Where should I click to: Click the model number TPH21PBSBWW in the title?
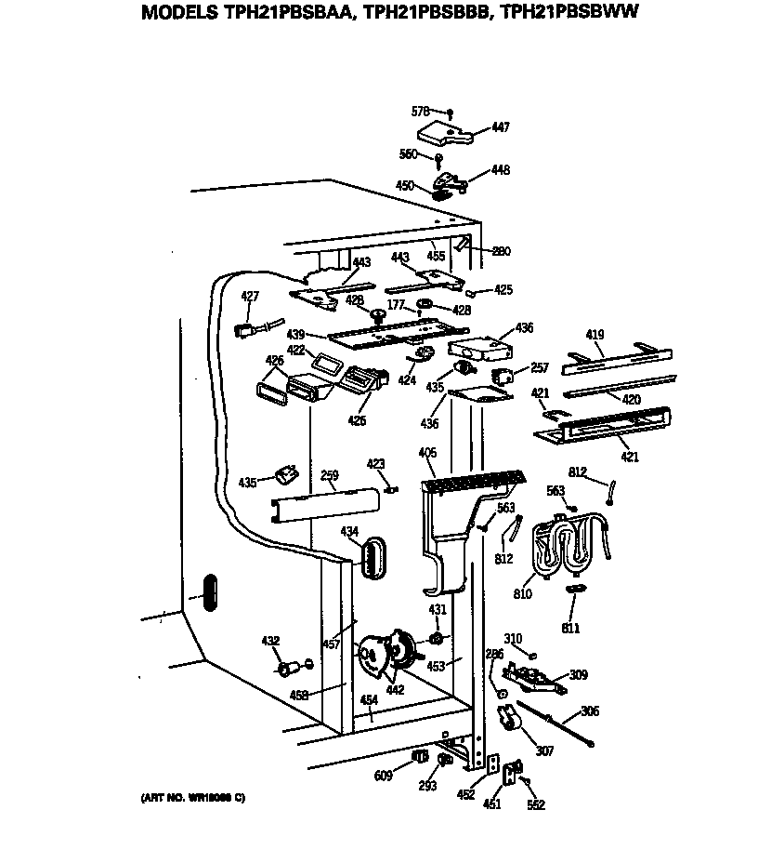tap(567, 13)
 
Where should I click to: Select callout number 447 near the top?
tap(500, 126)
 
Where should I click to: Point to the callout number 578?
tap(421, 112)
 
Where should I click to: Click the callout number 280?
tap(501, 251)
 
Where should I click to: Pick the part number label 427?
tap(250, 296)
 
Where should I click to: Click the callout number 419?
tap(595, 334)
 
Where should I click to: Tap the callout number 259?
tap(329, 476)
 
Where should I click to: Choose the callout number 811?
tap(570, 628)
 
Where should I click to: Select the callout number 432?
tap(270, 641)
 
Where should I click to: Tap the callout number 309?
tap(579, 675)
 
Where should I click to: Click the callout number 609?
tap(384, 776)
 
